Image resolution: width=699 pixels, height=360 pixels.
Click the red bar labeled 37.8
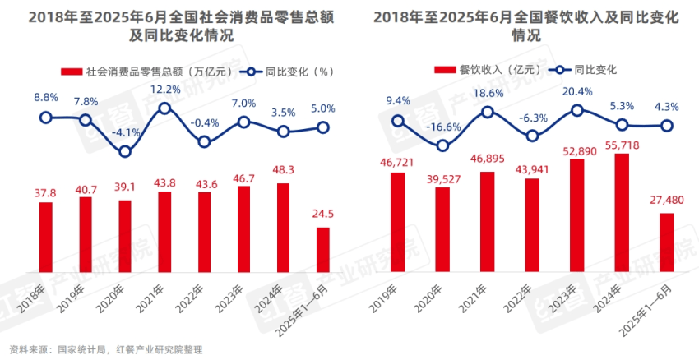(x=46, y=237)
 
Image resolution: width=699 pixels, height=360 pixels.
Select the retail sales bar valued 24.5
(x=323, y=249)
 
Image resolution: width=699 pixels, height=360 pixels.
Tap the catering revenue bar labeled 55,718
(x=622, y=212)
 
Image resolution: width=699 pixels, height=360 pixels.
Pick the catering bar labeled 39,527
(x=443, y=229)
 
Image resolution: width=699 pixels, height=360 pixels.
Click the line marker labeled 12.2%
(x=164, y=108)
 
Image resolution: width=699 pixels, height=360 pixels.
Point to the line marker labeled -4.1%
(x=125, y=151)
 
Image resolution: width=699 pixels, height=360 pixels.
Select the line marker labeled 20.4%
(x=577, y=109)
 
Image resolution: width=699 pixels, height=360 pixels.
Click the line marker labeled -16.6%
(x=443, y=145)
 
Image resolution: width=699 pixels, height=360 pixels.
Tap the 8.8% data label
(x=46, y=98)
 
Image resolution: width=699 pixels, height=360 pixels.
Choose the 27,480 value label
(x=666, y=200)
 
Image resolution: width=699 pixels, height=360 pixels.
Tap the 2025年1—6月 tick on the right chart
(x=655, y=304)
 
